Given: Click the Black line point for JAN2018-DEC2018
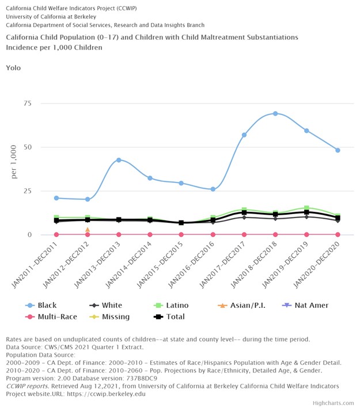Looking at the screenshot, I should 275,113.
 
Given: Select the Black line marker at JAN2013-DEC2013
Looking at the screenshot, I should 119,160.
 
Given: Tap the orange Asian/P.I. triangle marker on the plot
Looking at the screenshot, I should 88,230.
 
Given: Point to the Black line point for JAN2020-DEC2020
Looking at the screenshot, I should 338,150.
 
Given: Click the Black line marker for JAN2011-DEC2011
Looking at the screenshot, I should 56,198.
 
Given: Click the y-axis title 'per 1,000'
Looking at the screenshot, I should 14,162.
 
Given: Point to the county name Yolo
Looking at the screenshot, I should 13,68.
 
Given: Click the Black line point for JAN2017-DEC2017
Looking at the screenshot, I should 244,135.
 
